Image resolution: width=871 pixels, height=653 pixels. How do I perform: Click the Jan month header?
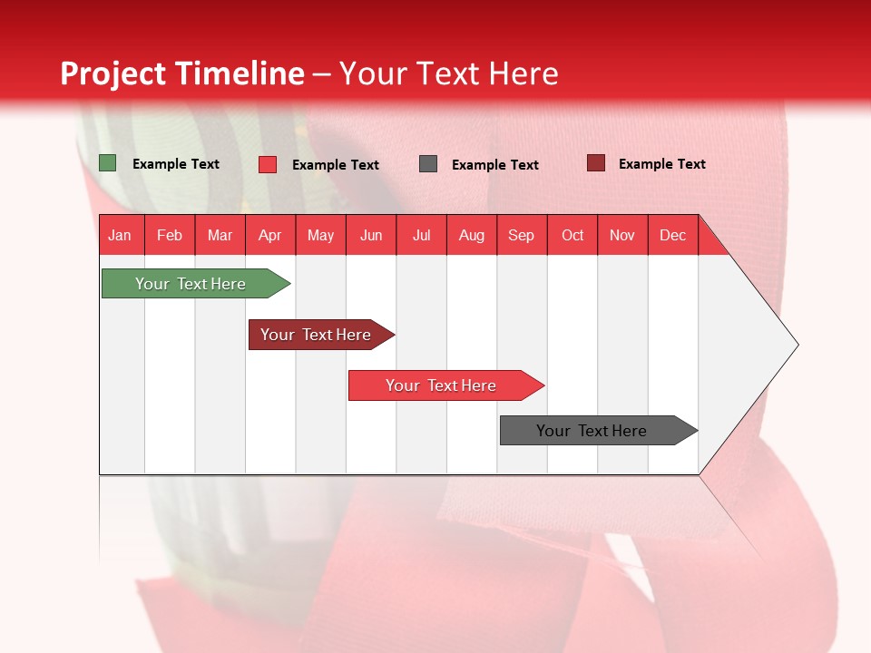121,236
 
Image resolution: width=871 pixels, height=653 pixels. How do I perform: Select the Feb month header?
170,236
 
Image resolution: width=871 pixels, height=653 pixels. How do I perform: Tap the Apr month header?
270,236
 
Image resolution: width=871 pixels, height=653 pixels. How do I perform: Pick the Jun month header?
371,236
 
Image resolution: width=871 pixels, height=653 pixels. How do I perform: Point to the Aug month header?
472,236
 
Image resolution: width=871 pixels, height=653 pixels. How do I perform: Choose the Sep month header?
522,236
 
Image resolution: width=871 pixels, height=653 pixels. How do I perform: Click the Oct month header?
573,236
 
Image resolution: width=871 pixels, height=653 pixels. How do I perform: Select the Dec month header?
673,236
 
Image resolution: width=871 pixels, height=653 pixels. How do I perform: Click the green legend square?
108,163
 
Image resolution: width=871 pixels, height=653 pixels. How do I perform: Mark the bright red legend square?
268,164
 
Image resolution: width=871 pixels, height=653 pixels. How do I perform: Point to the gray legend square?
428,164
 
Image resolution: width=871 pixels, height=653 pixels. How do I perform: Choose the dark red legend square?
596,163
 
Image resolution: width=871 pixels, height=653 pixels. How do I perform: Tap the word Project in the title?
113,73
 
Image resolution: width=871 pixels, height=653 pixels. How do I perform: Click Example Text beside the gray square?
495,165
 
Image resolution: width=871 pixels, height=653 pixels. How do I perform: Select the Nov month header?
622,236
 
